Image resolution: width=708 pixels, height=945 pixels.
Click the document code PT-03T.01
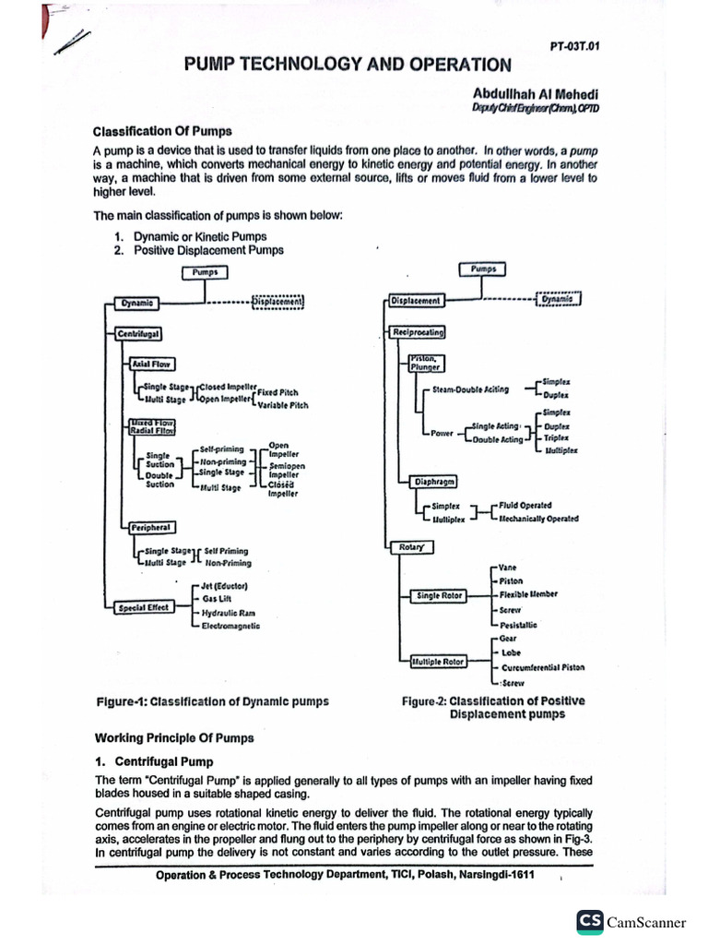point(572,45)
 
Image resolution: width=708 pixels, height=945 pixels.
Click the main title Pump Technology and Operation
point(347,65)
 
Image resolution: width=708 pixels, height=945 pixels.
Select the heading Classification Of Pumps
point(162,130)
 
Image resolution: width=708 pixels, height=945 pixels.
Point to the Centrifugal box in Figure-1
point(137,331)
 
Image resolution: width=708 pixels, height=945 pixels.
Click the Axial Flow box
point(151,364)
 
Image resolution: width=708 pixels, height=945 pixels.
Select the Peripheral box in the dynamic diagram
point(152,527)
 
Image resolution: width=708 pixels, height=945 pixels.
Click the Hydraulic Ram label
point(229,612)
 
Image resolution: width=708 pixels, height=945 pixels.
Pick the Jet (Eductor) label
point(224,586)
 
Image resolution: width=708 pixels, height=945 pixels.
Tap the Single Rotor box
point(439,596)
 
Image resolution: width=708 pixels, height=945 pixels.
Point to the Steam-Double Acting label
point(470,389)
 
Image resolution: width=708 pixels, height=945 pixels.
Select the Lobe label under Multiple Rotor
point(511,652)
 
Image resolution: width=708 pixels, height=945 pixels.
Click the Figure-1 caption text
point(212,701)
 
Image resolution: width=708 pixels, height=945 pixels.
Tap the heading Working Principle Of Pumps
point(174,737)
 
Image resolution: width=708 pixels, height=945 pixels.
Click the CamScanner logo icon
point(589,921)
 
